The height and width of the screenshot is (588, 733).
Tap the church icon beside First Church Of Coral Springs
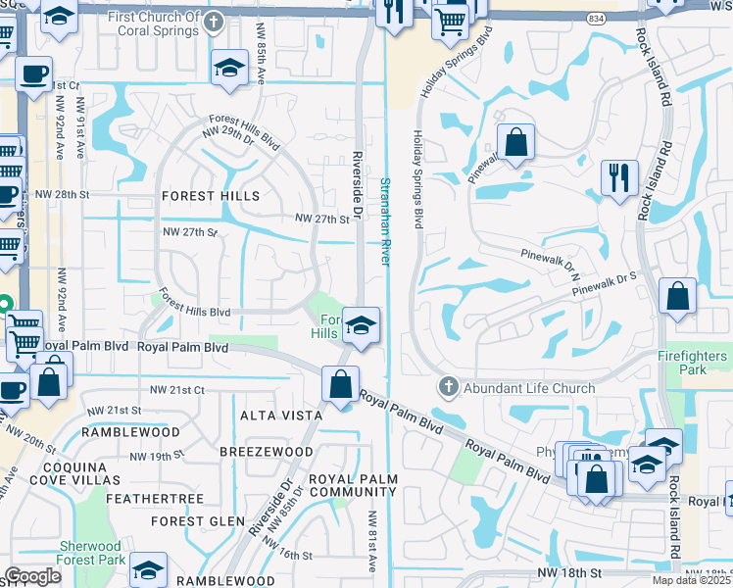(x=214, y=20)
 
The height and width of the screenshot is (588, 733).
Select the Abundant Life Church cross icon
(x=449, y=387)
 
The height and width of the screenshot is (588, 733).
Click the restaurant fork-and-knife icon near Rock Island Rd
(x=618, y=178)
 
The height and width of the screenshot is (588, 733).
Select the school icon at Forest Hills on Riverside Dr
(x=361, y=325)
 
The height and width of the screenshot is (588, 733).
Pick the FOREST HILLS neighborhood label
(x=211, y=196)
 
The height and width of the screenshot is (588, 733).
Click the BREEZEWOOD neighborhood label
(x=267, y=452)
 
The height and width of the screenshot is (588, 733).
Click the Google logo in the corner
(x=33, y=575)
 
